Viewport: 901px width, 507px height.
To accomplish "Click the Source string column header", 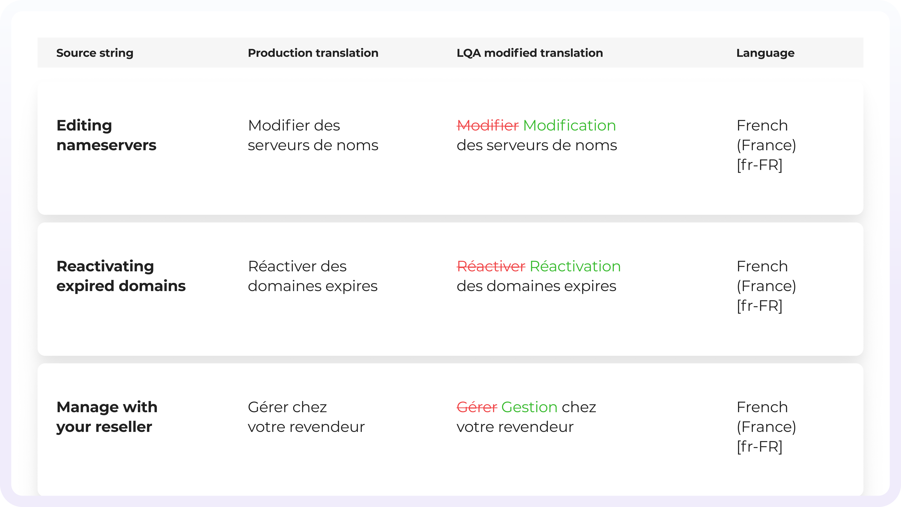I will (95, 53).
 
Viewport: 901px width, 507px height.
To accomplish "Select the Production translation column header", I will (313, 53).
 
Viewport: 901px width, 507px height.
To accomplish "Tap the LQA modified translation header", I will (529, 53).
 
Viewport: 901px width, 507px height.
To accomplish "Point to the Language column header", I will (765, 53).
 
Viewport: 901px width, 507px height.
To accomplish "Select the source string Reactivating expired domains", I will (121, 276).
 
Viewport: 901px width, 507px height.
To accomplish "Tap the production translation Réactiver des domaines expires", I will (313, 276).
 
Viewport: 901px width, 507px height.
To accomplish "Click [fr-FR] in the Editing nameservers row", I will (759, 165).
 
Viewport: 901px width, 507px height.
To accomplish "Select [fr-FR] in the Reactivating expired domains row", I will (759, 306).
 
